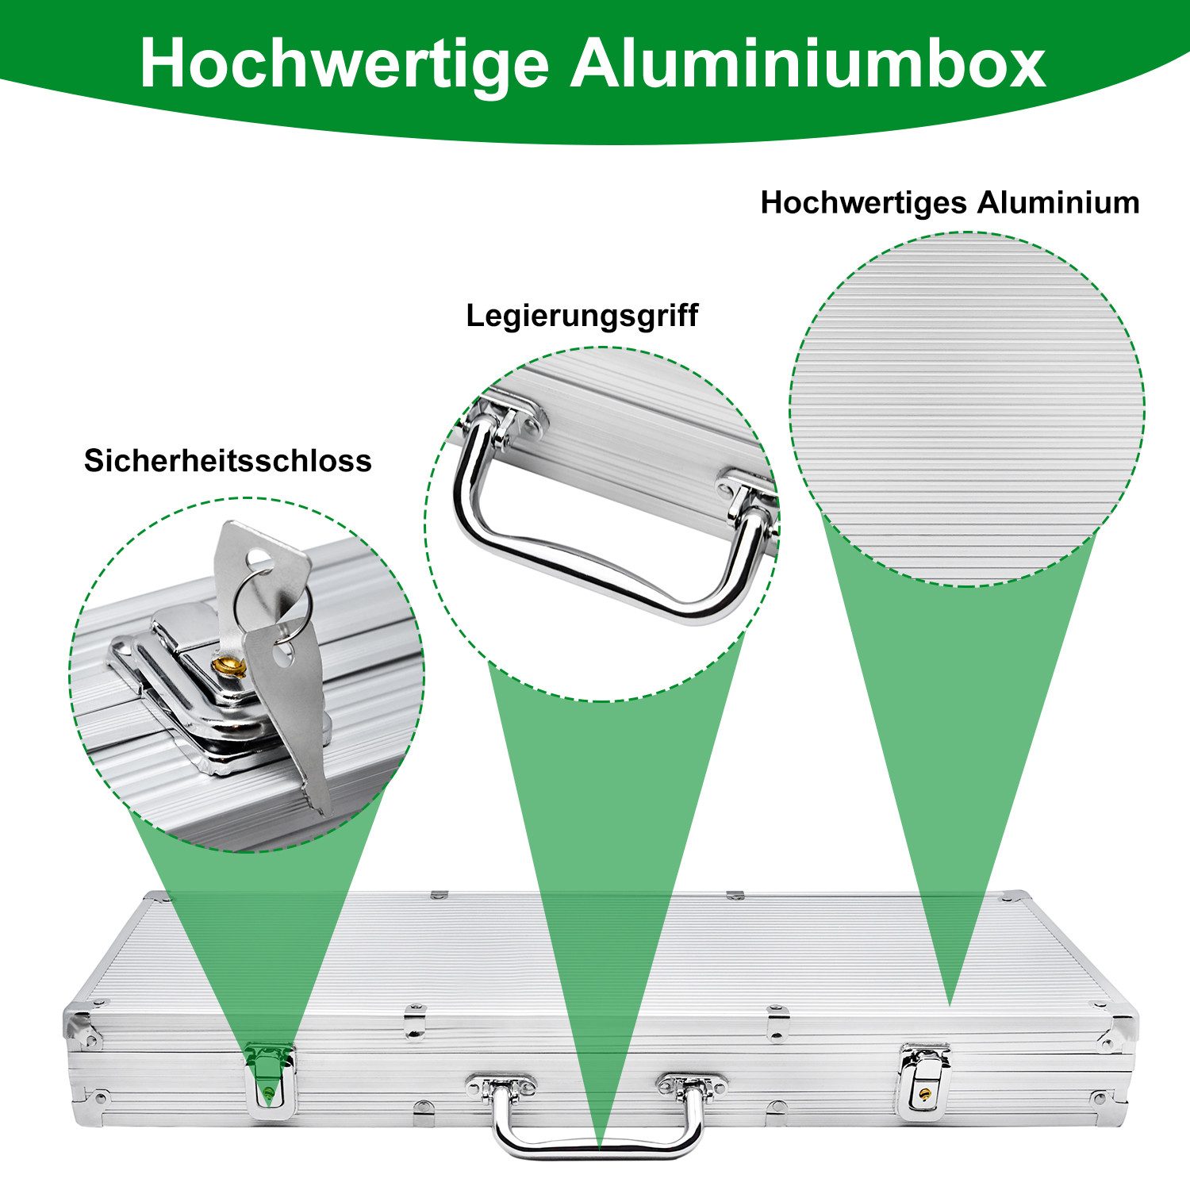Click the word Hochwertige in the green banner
click(x=344, y=63)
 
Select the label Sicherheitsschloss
click(x=228, y=461)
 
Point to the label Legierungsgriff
click(x=582, y=317)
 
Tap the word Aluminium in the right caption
click(x=1058, y=202)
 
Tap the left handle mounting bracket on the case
click(x=501, y=1086)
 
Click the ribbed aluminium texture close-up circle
click(x=966, y=409)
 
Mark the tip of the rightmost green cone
click(x=950, y=1005)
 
